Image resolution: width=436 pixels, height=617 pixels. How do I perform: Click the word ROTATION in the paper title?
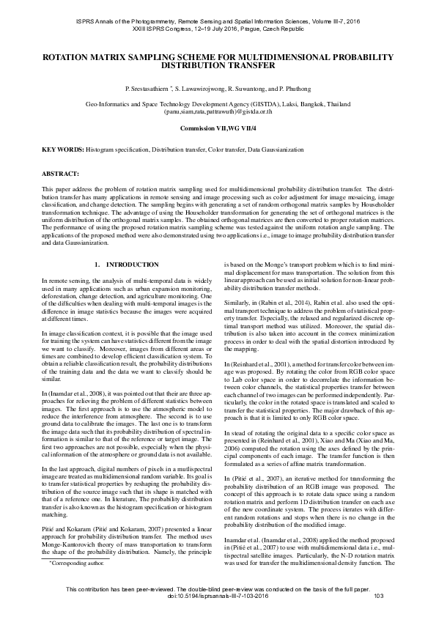[71, 56]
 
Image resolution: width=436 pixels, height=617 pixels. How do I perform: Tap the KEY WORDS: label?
[62, 149]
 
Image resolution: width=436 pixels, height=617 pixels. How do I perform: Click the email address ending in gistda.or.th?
[218, 113]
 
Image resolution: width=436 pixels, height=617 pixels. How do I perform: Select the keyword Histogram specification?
[117, 149]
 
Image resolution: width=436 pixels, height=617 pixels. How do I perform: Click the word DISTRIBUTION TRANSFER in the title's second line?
[218, 65]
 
